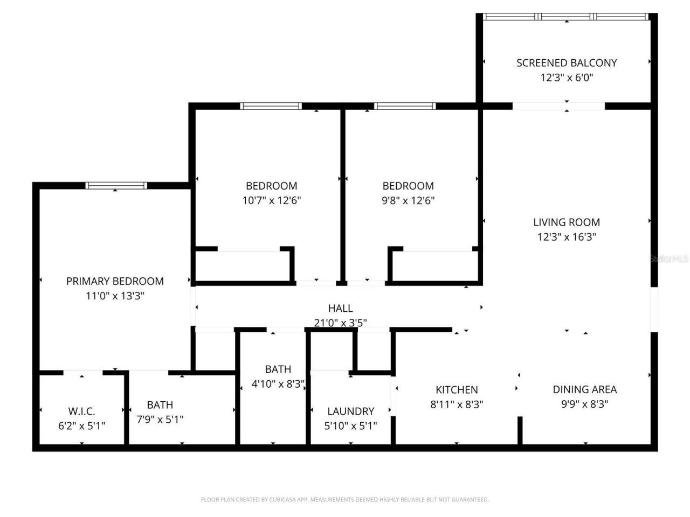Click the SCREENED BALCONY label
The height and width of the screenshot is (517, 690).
pos(567,62)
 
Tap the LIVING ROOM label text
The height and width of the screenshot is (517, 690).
pos(567,222)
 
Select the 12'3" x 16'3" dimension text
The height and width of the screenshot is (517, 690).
pos(567,237)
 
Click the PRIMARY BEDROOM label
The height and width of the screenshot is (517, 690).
pos(115,281)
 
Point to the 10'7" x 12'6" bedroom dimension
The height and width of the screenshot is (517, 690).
pos(271,201)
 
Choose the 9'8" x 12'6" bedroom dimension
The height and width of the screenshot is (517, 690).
pos(408,201)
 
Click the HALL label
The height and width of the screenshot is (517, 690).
pos(340,308)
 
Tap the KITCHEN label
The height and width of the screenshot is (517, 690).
pos(457,389)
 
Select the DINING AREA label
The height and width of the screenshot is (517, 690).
pos(585,389)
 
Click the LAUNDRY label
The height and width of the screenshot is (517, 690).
pos(350,411)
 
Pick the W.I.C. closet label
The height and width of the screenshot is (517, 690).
pos(81,411)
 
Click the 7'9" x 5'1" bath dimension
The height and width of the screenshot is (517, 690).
pos(160,420)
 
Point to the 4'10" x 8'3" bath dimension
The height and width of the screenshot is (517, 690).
pos(278,385)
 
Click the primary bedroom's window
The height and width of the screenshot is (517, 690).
pos(116,186)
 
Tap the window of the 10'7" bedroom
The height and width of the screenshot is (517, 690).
pos(271,106)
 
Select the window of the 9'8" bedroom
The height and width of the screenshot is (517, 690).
pos(405,106)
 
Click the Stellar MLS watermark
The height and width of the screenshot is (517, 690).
pos(668,259)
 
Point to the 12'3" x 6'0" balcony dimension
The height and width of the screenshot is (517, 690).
pos(567,78)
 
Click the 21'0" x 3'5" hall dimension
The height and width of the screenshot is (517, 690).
pos(340,323)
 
